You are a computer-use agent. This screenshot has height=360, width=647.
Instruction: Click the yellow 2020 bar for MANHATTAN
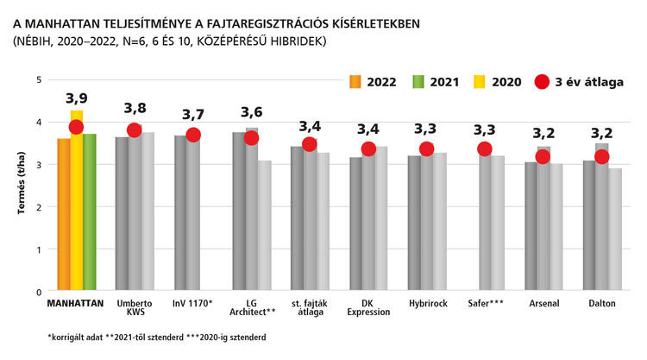point(77,207)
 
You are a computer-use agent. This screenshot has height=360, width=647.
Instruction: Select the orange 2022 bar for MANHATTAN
point(64,216)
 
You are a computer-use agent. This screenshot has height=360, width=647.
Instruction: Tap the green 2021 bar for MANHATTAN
point(90,216)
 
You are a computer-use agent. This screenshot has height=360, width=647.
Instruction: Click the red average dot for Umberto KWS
point(134,130)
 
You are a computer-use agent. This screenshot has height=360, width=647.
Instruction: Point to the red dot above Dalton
point(602,156)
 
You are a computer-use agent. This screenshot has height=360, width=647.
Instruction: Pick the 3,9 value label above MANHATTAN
point(77,98)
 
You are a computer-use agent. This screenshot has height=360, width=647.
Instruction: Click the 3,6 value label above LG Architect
point(251,112)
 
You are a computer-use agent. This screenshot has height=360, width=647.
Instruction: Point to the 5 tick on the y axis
point(38,79)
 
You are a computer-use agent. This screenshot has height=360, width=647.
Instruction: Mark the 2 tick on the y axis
point(38,207)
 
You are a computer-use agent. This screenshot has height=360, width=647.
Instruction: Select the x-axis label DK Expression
point(367,308)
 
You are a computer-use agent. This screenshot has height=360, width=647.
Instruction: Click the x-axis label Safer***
point(485,303)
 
